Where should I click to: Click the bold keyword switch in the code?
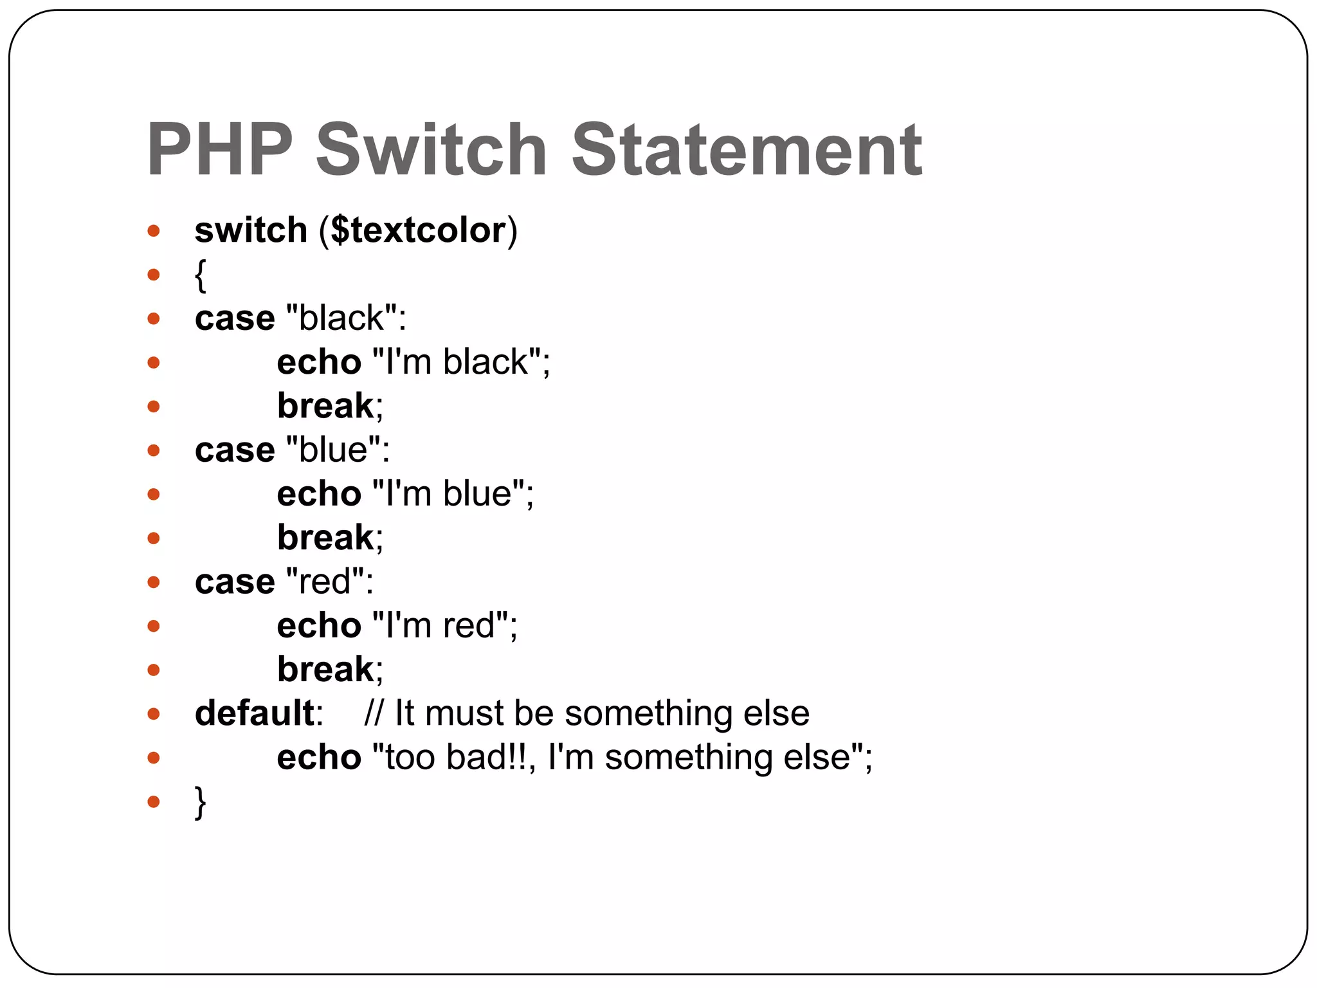tap(251, 230)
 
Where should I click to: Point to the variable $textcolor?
tap(419, 230)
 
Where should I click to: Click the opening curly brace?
tap(201, 275)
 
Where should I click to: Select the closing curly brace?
tap(201, 802)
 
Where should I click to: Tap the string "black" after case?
tap(341, 318)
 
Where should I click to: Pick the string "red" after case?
tap(324, 581)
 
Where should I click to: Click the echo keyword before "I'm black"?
tap(319, 362)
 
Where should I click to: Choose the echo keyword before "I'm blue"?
tap(319, 494)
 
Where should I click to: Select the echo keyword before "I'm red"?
tap(319, 626)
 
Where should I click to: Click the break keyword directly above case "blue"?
tap(325, 406)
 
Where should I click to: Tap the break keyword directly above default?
tap(325, 670)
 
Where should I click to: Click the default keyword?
tap(254, 713)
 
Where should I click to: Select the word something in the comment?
tap(648, 713)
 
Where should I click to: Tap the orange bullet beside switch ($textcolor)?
tap(153, 231)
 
